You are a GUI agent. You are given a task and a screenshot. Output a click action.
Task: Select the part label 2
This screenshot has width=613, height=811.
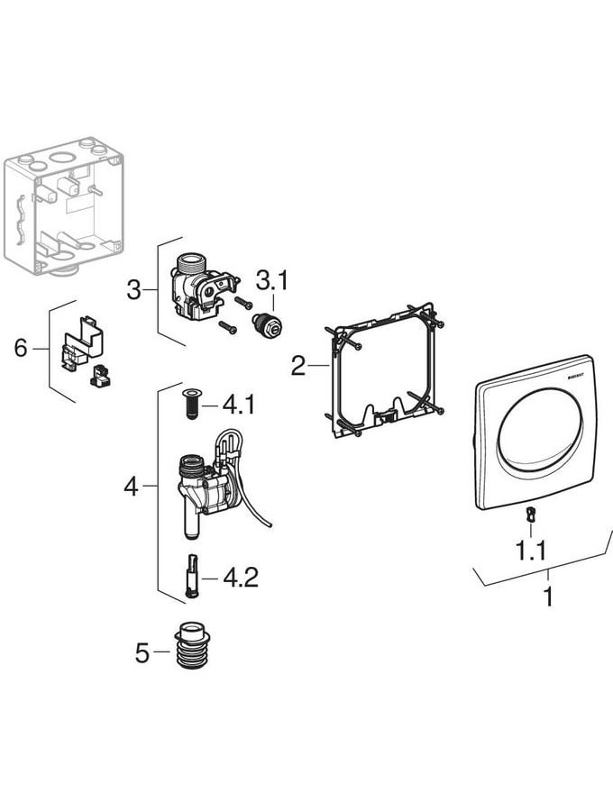point(298,366)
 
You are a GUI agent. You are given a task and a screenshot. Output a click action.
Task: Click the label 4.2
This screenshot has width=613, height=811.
point(241,577)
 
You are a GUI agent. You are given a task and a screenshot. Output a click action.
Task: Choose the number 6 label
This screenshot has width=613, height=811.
point(21,348)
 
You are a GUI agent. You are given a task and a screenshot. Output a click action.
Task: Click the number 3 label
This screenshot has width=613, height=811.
point(133,289)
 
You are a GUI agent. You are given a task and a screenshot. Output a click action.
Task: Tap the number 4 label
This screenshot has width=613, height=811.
point(132,487)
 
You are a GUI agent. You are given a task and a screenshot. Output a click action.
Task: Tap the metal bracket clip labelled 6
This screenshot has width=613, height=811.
point(82,346)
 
